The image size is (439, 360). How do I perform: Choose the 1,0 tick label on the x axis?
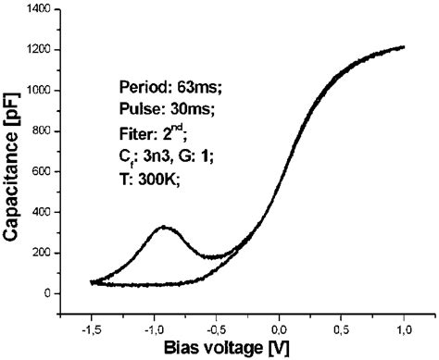[405, 327]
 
